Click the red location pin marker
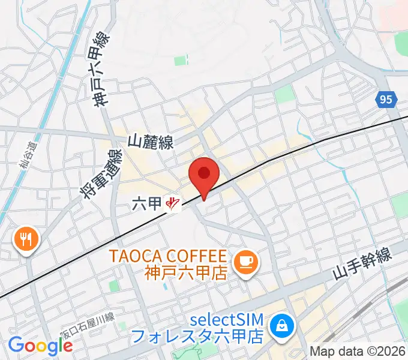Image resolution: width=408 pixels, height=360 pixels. [203, 175]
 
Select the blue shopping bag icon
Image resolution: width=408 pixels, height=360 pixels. [280, 326]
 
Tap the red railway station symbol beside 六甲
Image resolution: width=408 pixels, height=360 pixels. [172, 205]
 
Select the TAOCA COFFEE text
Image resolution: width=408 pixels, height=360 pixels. [168, 256]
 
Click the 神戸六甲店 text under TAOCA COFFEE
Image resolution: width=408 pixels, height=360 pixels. [185, 273]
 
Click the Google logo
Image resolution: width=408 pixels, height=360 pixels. [40, 346]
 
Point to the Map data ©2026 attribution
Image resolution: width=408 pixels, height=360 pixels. [358, 351]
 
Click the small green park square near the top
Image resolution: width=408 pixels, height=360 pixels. [180, 61]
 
